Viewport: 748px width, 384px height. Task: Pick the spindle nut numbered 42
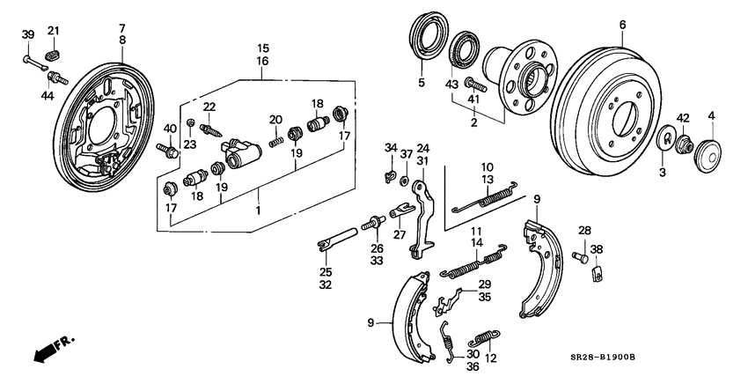tap(685, 143)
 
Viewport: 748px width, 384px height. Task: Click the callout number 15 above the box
tap(262, 48)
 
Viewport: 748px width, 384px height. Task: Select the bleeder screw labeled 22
tap(211, 129)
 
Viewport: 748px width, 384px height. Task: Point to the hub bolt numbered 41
tap(473, 85)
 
